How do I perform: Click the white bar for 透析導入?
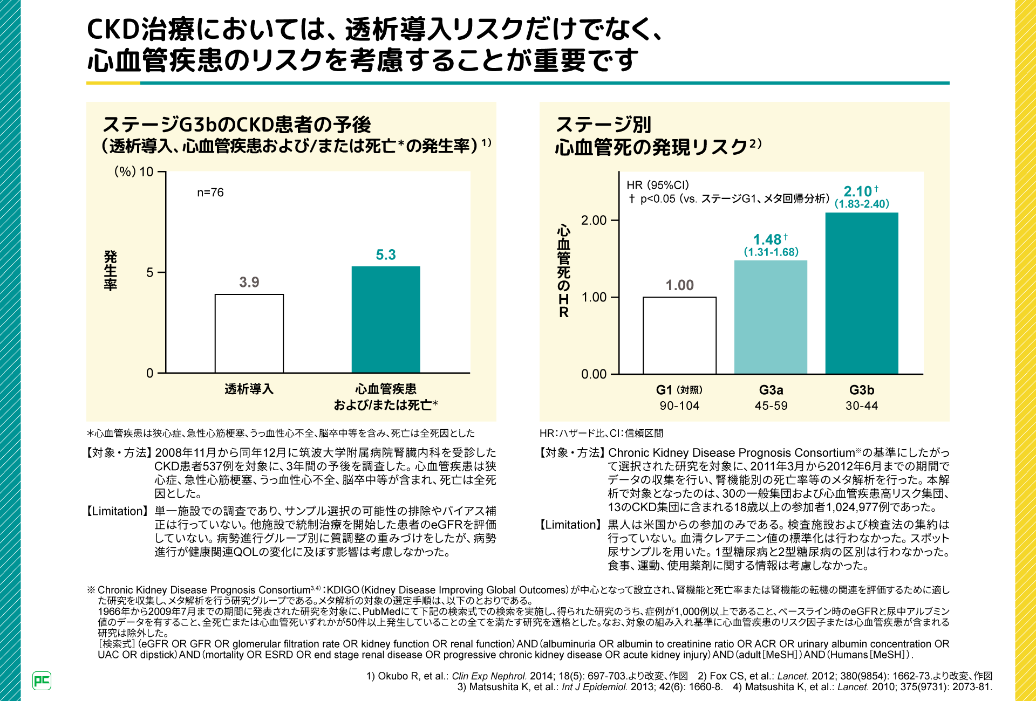[x=249, y=333]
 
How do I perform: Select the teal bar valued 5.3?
[x=386, y=319]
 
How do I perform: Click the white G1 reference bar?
[x=679, y=335]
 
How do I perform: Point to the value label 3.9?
[x=249, y=282]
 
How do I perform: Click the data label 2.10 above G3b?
[x=858, y=191]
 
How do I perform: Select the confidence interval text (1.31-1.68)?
[x=771, y=252]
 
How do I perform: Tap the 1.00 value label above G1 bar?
[x=679, y=285]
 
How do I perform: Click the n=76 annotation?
[x=210, y=193]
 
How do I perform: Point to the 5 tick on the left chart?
[x=150, y=272]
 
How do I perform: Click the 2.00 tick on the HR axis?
[x=594, y=220]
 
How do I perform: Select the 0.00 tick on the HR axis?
[x=594, y=374]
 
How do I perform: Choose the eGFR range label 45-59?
[x=771, y=406]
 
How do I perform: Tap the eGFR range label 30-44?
[x=862, y=406]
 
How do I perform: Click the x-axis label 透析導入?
[x=249, y=389]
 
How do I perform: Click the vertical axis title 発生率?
[x=111, y=271]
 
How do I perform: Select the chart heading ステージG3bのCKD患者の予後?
[x=237, y=125]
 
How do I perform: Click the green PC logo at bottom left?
[x=42, y=681]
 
